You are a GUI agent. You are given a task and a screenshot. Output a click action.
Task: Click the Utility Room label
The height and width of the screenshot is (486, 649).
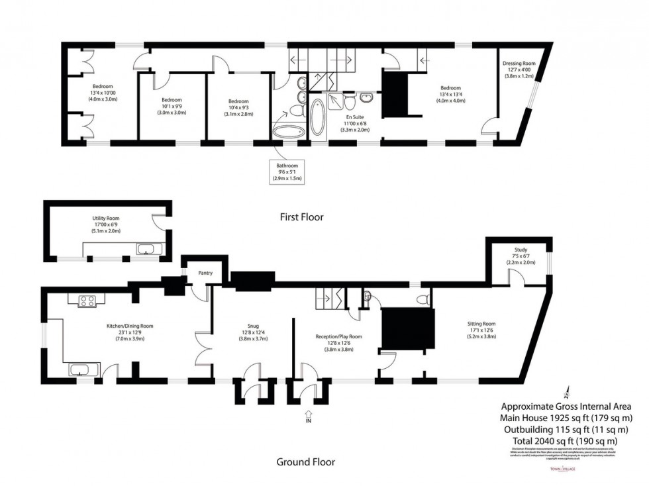tap(105, 217)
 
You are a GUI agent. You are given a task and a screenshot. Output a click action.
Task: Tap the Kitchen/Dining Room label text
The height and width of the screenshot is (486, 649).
tap(130, 326)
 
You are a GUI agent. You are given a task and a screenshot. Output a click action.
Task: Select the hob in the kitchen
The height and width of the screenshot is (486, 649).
tap(87, 301)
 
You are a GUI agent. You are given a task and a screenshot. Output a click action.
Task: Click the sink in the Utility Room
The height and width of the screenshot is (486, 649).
tap(146, 250)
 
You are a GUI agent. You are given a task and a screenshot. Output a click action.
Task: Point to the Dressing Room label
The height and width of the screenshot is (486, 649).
tap(519, 64)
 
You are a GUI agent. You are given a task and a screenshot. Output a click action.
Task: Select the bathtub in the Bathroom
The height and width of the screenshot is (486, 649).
tap(287, 131)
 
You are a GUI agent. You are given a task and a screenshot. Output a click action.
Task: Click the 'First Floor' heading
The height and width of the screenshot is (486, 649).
tap(301, 217)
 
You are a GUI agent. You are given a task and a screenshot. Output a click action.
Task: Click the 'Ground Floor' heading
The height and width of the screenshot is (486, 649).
tap(305, 462)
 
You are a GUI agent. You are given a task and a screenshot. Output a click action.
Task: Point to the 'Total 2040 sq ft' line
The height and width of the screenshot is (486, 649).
tap(566, 440)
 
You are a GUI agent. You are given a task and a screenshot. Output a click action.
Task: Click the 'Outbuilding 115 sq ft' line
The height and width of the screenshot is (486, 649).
tap(566, 429)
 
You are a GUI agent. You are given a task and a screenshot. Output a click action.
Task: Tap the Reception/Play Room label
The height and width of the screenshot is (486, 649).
tap(338, 337)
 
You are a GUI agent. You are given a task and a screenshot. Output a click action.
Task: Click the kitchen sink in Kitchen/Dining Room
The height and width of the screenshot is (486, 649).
tap(83, 369)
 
